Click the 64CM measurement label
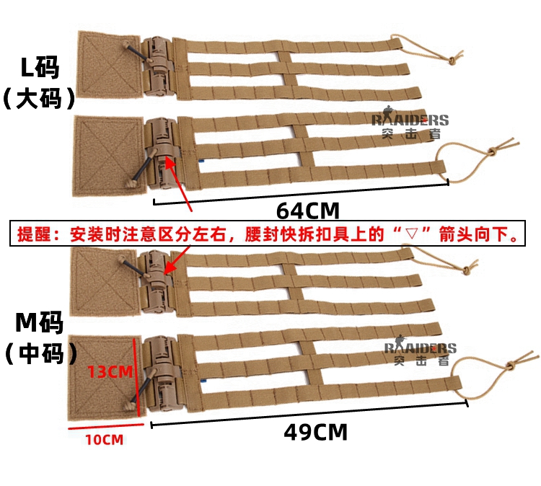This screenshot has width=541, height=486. pos(307,211)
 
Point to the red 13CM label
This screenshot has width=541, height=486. pos(110,372)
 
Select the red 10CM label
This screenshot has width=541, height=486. pos(101,439)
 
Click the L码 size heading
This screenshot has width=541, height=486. pos(39,69)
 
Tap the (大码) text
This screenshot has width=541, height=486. pos(39,99)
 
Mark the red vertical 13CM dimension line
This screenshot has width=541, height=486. pos(135,375)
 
